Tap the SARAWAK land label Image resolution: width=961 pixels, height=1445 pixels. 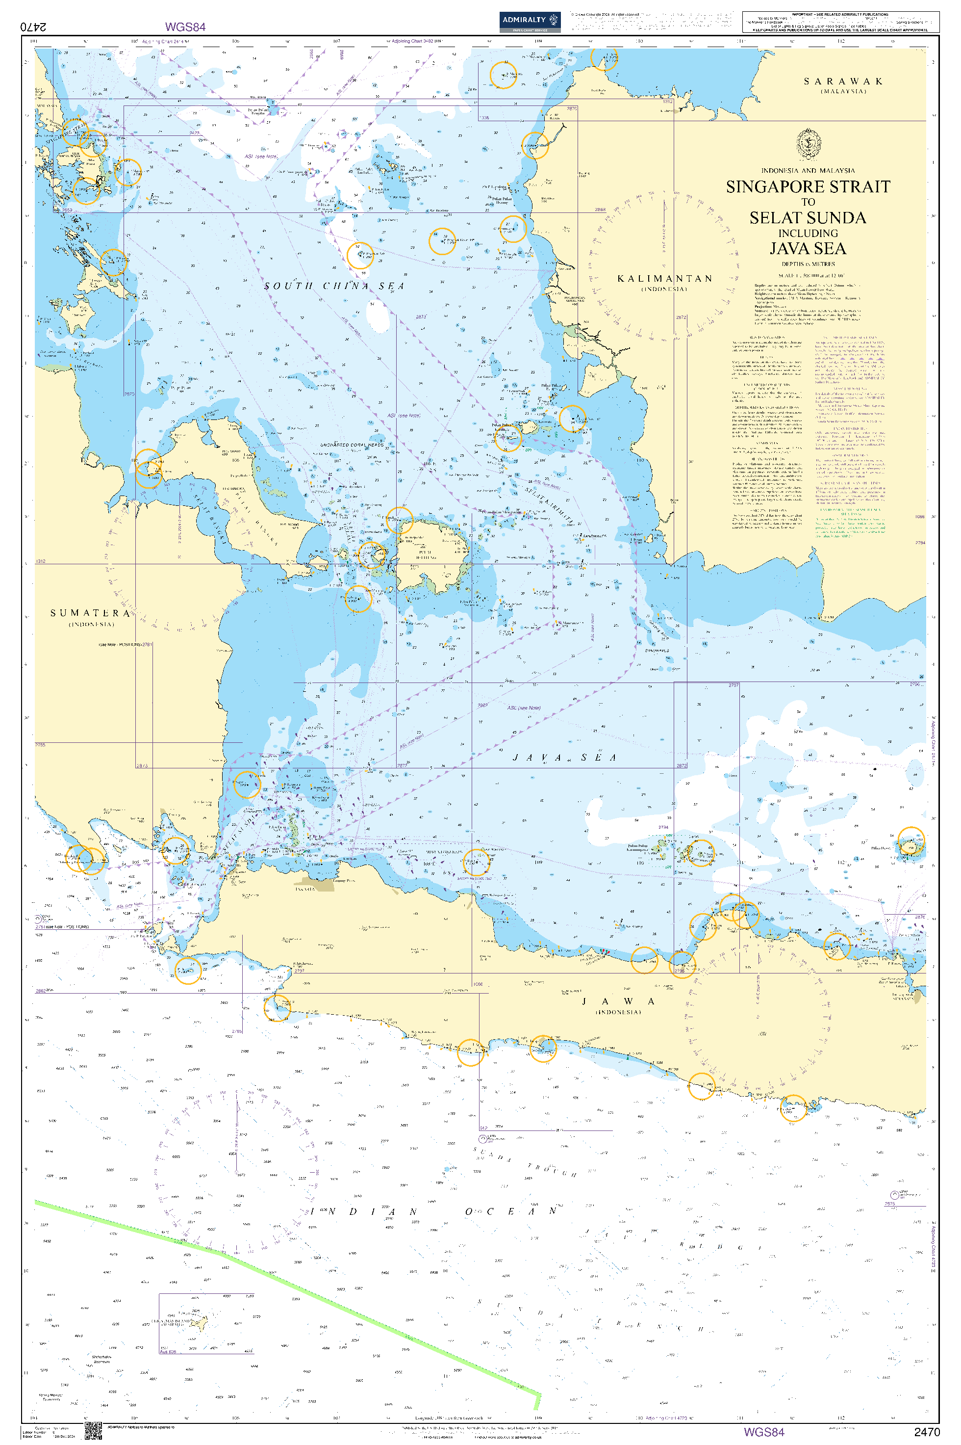coord(843,81)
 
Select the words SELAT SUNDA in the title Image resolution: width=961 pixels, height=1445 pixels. coord(808,218)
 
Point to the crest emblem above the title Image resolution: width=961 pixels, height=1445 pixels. coord(808,145)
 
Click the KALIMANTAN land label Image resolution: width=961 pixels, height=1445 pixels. coord(665,279)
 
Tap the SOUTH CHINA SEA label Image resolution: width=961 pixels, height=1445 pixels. coord(334,286)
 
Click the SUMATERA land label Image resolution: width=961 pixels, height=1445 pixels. coord(90,613)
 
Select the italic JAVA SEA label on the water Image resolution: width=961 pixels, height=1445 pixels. coord(564,758)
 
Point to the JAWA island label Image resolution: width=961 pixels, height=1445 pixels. coord(618,1001)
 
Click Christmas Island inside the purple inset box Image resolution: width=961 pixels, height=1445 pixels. coord(197,1322)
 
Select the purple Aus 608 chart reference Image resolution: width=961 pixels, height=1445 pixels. coord(168,1352)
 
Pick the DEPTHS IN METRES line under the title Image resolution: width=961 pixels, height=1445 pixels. coord(808,264)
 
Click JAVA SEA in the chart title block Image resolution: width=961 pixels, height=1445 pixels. coord(808,248)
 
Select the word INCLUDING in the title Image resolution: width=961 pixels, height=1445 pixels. coord(808,233)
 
